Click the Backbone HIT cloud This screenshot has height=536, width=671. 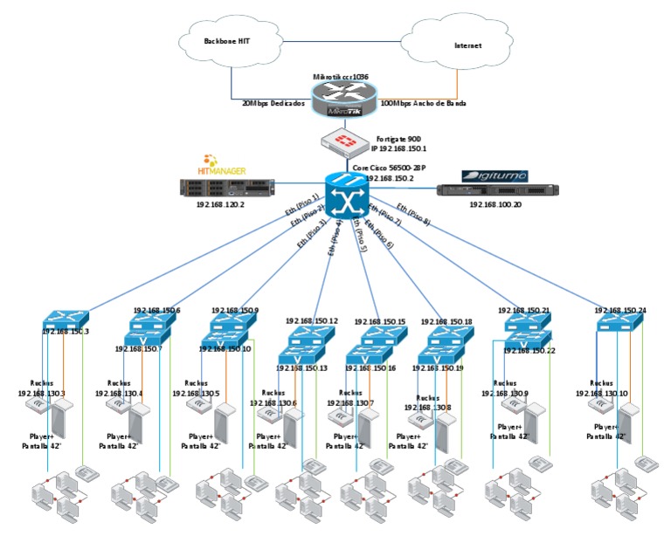click(226, 41)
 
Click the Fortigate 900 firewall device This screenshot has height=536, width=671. click(347, 140)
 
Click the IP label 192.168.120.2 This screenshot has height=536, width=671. click(222, 204)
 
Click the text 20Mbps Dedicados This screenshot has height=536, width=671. click(273, 103)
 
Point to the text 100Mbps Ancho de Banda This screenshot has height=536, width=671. click(424, 103)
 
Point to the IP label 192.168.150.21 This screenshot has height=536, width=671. click(523, 310)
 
